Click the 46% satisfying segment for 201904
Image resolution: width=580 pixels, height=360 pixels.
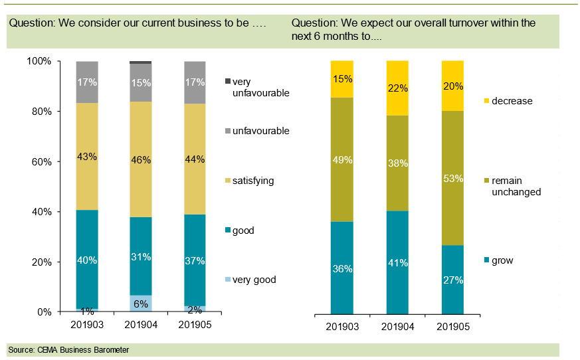coord(140,159)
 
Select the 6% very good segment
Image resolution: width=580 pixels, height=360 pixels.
coord(140,304)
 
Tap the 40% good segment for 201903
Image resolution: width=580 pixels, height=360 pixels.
coord(87,260)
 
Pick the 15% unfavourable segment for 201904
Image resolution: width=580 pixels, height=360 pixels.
coord(140,83)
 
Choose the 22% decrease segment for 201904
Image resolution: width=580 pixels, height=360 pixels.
coord(397,88)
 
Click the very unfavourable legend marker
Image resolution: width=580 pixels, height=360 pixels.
coord(227,81)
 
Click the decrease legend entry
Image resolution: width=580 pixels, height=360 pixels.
coord(512,101)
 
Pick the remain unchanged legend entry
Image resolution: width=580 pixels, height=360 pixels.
coord(516,186)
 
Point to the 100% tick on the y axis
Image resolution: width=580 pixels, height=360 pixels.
coord(39,62)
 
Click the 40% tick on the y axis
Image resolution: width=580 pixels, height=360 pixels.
coord(41,212)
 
